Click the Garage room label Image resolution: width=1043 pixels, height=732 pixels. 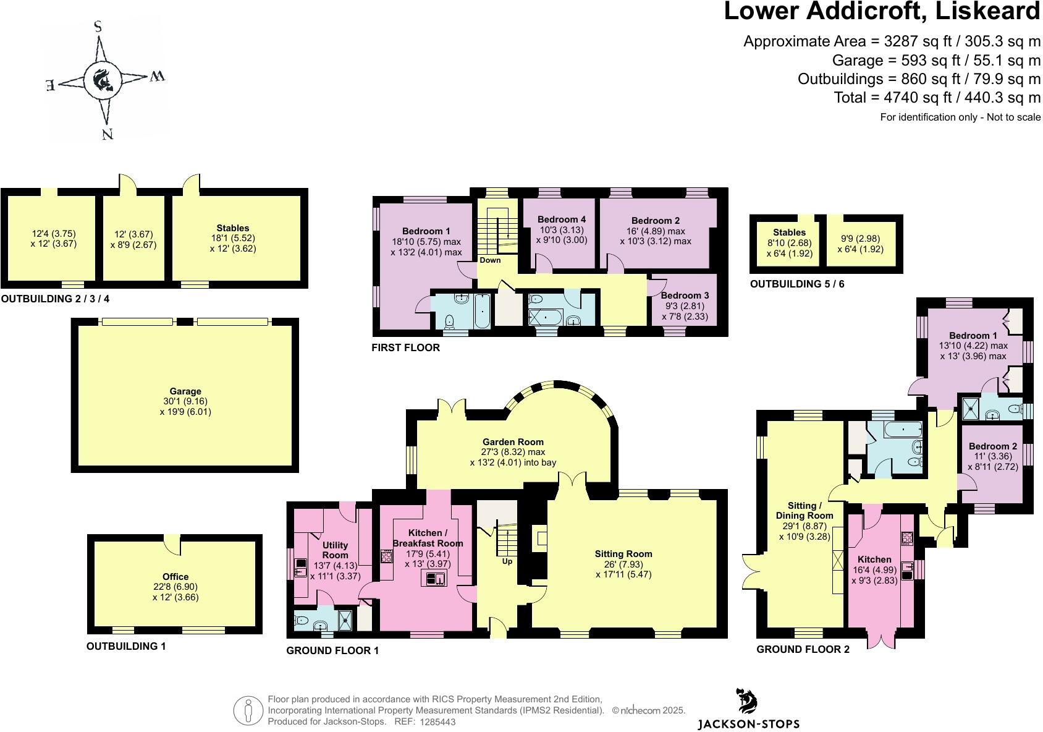click(185, 391)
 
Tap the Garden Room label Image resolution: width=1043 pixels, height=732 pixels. click(513, 441)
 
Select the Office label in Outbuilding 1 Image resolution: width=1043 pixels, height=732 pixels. click(175, 576)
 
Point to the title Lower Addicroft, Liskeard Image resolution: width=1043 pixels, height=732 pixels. click(882, 12)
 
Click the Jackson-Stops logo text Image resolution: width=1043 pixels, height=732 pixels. click(748, 724)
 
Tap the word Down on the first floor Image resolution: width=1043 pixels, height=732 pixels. click(490, 260)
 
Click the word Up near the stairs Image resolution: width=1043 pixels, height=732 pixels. click(507, 561)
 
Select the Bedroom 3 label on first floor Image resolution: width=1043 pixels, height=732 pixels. click(685, 296)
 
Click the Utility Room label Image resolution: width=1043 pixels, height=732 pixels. click(335, 550)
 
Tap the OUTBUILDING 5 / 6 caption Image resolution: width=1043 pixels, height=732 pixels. click(796, 284)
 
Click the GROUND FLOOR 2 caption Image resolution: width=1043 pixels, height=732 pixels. click(803, 649)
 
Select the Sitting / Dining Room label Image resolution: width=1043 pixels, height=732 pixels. click(804, 510)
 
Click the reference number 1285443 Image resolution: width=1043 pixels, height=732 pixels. click(437, 721)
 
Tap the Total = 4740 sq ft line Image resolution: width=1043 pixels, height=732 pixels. click(937, 97)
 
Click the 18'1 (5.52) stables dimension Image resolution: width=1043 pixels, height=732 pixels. click(232, 238)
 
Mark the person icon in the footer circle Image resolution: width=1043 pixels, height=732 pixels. click(248, 711)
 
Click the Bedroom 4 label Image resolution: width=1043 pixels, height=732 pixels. click(561, 219)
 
